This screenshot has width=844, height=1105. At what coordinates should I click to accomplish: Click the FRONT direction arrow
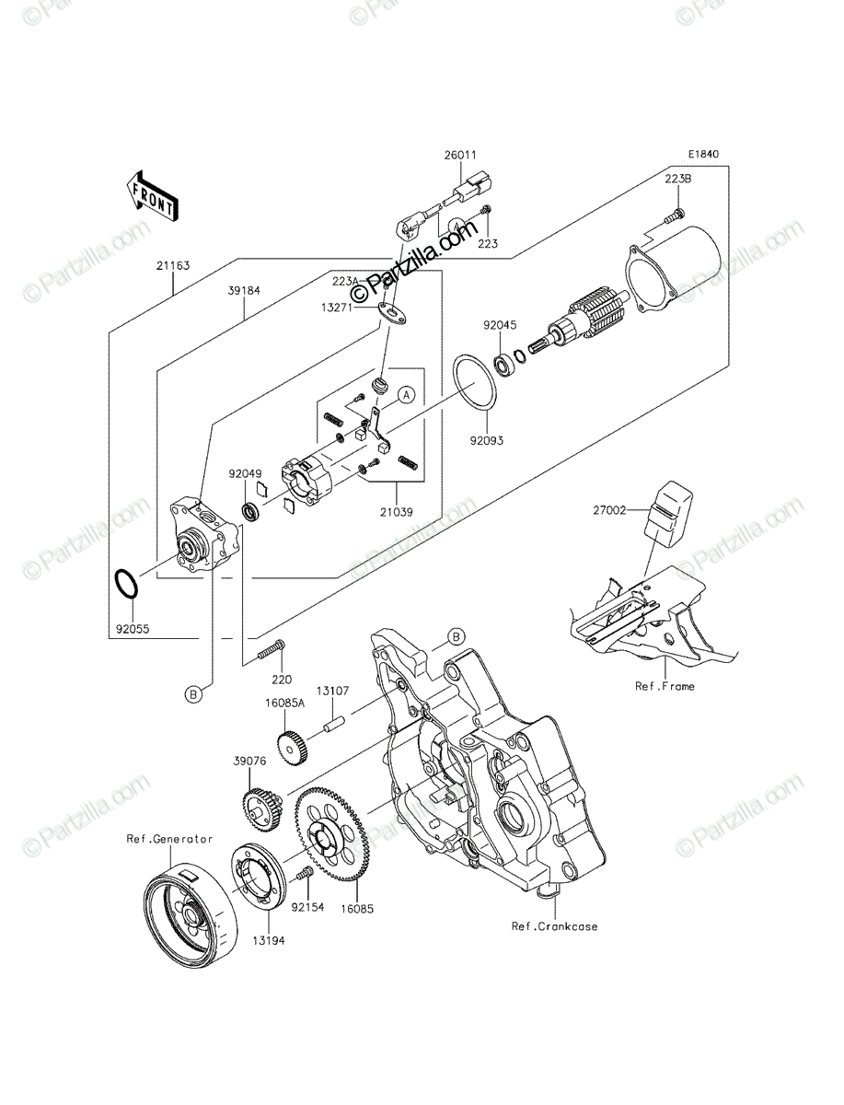[x=152, y=196]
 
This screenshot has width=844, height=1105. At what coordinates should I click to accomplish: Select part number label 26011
[x=459, y=155]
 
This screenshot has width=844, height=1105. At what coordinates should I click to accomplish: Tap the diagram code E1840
[x=704, y=154]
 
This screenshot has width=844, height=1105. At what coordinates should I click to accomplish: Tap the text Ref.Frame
[x=665, y=686]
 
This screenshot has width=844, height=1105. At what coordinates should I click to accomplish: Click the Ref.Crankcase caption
[x=554, y=926]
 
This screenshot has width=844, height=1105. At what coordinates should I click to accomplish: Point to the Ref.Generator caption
[x=169, y=839]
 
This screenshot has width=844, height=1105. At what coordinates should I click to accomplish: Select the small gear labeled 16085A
[x=293, y=749]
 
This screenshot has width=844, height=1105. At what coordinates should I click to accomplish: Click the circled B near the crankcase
[x=456, y=637]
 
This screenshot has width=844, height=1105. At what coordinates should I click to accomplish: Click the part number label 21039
[x=396, y=512]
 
